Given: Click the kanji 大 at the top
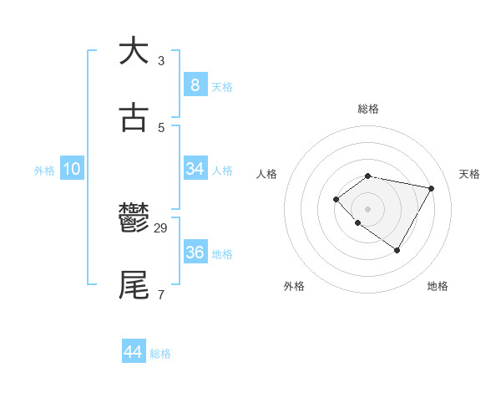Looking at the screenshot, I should (134, 51).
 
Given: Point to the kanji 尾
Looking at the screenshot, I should (134, 284).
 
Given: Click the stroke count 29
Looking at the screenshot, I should (161, 228).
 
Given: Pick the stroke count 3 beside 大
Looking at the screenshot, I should (161, 61).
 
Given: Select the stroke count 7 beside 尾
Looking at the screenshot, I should (161, 294).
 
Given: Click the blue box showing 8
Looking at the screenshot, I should (195, 84).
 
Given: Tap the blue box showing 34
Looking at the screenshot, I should (195, 169).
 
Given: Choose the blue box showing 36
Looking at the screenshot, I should (195, 253).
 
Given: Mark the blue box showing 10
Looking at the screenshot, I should (72, 169).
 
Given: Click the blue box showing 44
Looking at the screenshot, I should (133, 352).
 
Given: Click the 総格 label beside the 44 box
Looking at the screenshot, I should (160, 354).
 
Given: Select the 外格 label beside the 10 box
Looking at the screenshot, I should (44, 171).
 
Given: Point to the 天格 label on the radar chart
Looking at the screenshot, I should (469, 174).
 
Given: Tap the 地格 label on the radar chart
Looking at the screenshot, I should (438, 286).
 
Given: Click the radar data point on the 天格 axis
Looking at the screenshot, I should (431, 188).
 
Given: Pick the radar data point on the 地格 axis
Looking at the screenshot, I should (397, 250).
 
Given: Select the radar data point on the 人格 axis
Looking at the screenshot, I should (336, 198).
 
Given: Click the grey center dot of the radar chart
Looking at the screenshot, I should (367, 208).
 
